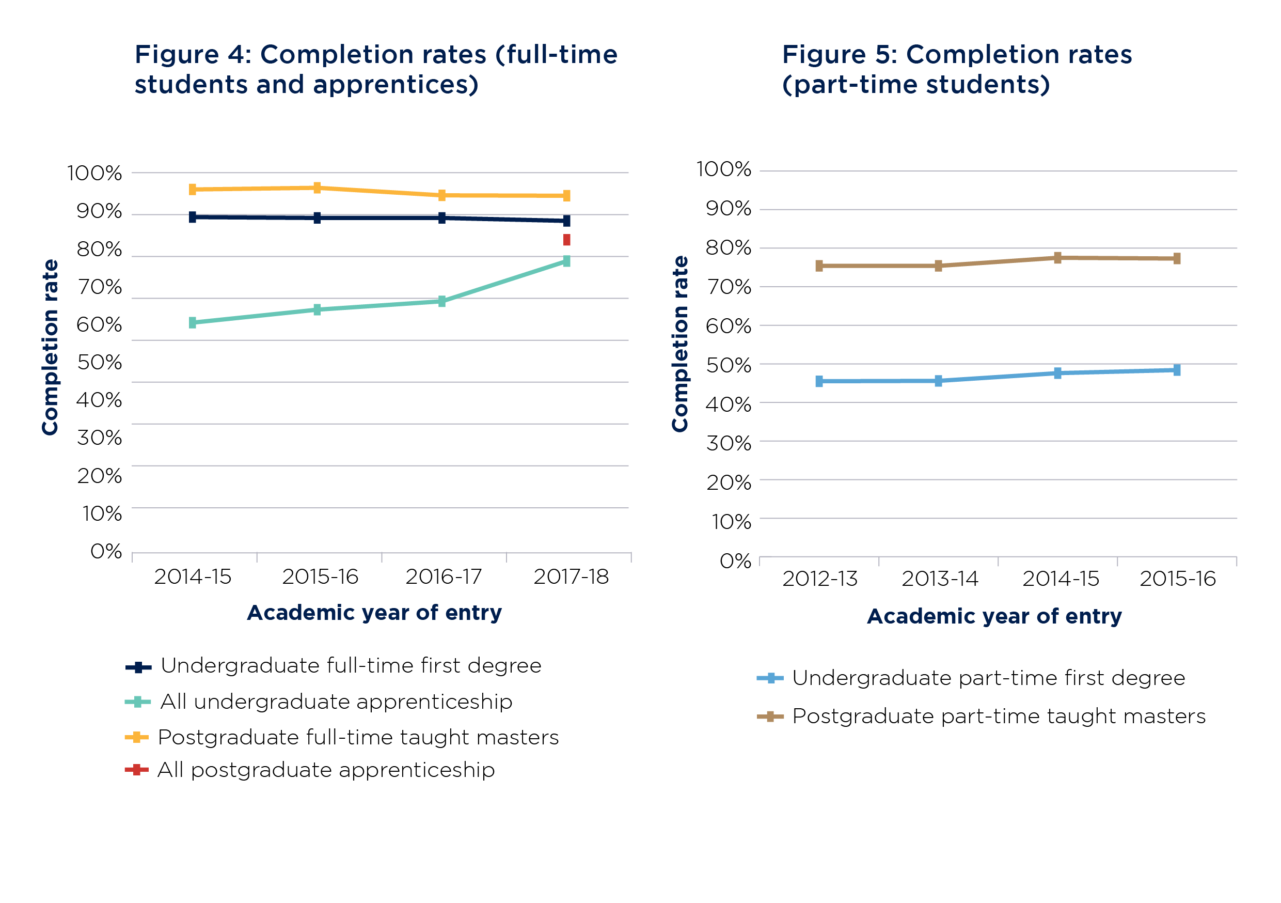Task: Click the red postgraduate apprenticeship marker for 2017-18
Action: click(x=566, y=240)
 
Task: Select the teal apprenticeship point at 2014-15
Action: click(x=193, y=322)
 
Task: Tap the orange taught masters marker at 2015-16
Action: click(x=317, y=188)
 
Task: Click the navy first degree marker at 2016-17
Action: click(x=442, y=217)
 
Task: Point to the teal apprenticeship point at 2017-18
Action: click(x=566, y=261)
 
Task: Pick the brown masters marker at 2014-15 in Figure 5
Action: click(x=1057, y=257)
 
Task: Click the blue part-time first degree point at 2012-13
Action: click(x=819, y=381)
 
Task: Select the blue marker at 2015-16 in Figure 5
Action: click(x=1177, y=370)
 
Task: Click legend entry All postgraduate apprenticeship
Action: click(x=326, y=770)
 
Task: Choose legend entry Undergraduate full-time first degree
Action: click(x=351, y=666)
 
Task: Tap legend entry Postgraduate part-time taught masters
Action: click(x=998, y=716)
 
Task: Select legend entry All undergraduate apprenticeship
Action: click(x=336, y=702)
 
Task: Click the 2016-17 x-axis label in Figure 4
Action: click(x=444, y=577)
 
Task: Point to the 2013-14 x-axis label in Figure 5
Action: click(x=940, y=579)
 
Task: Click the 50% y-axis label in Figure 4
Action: click(x=99, y=362)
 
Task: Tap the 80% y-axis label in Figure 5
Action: click(x=728, y=247)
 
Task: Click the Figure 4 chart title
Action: click(x=376, y=69)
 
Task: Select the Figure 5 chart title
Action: click(x=956, y=69)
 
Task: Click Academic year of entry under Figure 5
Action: click(x=994, y=616)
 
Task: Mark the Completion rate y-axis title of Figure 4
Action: click(x=50, y=347)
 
